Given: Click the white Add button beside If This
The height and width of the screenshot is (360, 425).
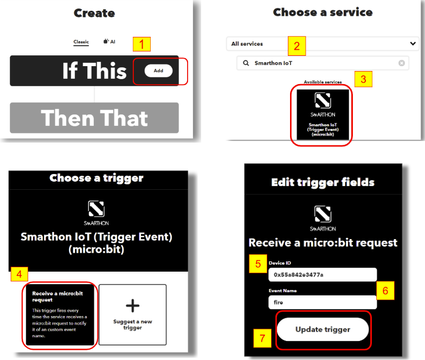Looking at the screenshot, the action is (158, 70).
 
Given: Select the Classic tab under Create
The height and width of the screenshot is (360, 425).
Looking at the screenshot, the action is (81, 42).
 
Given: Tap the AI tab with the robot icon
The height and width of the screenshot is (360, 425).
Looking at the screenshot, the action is (110, 41).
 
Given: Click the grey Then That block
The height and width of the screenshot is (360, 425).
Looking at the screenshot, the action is (94, 118).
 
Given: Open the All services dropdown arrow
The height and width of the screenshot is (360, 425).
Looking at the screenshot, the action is (413, 43).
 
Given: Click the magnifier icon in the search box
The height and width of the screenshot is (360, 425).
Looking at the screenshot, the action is (246, 63).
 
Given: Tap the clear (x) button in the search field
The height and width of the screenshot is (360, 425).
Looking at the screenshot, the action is (402, 63).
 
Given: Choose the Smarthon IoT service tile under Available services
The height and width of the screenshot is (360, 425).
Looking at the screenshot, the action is (323, 115).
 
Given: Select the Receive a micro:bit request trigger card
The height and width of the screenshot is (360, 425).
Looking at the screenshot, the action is (60, 314).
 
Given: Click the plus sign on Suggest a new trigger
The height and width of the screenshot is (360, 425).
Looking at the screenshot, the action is (132, 306).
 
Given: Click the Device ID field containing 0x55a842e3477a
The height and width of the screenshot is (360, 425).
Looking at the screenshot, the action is (323, 275).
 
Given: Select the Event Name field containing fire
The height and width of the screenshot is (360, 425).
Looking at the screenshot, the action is (323, 303).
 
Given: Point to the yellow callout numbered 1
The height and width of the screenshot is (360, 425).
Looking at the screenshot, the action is (141, 44).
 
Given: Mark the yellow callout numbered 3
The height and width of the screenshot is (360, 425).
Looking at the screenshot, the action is (363, 79).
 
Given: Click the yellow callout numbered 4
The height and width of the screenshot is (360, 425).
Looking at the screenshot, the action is (20, 274).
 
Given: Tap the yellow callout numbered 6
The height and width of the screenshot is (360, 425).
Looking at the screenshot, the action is (385, 291).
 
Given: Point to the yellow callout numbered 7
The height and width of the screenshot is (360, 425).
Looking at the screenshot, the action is (262, 338).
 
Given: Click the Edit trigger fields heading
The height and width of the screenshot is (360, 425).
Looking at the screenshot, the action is (323, 182).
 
